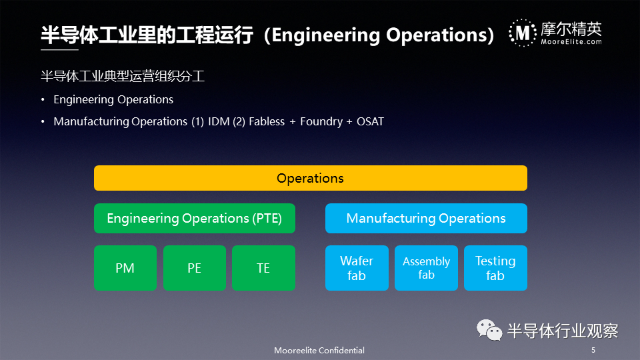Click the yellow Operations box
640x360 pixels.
pos(310,178)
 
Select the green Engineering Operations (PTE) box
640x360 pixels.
pos(194,219)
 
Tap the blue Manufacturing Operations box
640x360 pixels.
pos(426,219)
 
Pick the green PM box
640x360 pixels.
pos(125,268)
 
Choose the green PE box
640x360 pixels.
pos(194,268)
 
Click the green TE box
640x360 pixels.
pos(263,268)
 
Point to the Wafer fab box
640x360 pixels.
pos(357,268)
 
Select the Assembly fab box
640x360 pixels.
pos(426,268)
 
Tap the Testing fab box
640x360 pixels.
pos(495,268)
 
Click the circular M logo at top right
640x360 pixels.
pos(523,33)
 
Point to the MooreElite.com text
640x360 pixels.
pos(571,41)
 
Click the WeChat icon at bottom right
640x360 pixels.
pos(489,330)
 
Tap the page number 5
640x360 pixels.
pos(593,350)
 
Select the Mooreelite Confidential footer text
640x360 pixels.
pos(319,350)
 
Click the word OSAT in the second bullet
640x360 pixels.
pos(370,121)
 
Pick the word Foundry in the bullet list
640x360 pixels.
pos(321,121)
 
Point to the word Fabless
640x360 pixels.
pos(267,121)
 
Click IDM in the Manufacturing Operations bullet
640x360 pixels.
pos(219,121)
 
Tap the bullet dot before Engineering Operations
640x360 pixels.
pos(43,99)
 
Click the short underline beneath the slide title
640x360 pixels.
pos(59,50)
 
